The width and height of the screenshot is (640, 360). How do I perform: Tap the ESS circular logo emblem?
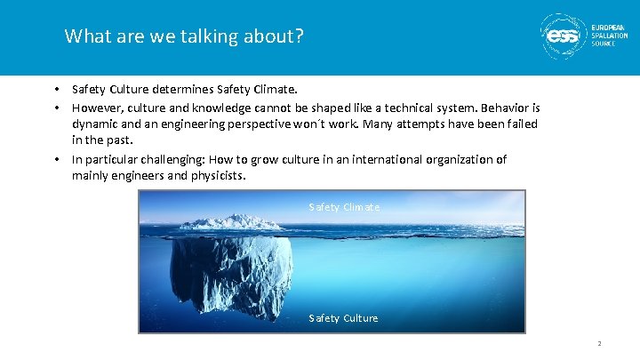[x=563, y=36]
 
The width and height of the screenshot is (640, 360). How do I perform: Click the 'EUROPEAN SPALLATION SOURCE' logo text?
[x=609, y=36]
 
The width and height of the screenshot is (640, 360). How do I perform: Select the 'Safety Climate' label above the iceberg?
[x=344, y=207]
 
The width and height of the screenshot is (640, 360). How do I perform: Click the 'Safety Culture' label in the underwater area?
[x=343, y=318]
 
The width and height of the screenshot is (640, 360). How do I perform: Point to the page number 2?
[x=600, y=344]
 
